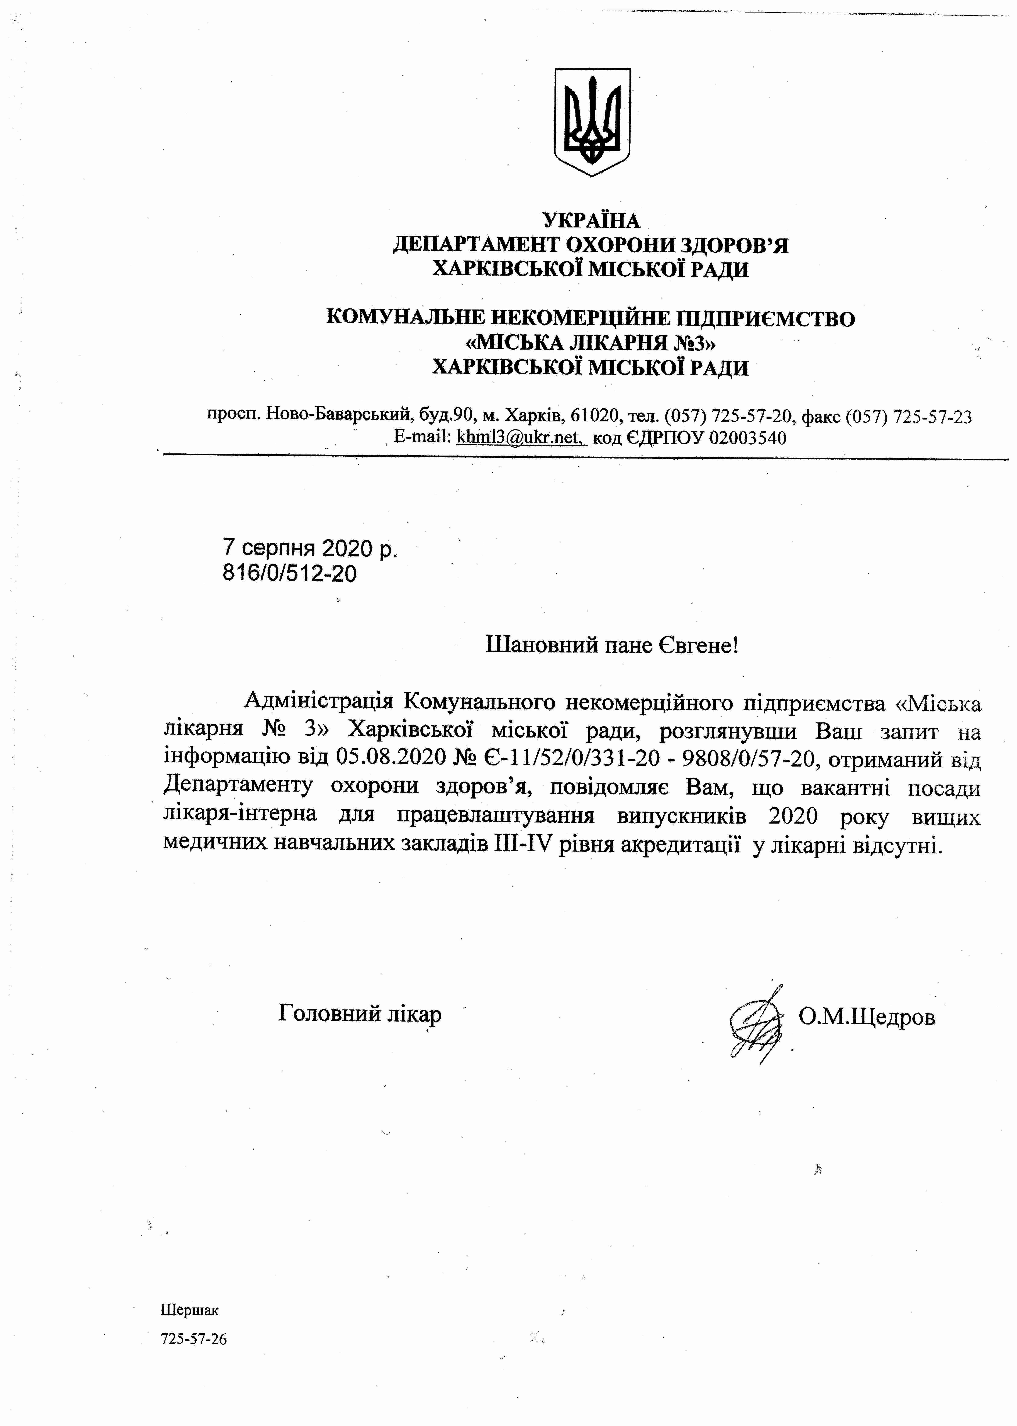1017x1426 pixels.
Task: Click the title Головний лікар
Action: [360, 1013]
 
